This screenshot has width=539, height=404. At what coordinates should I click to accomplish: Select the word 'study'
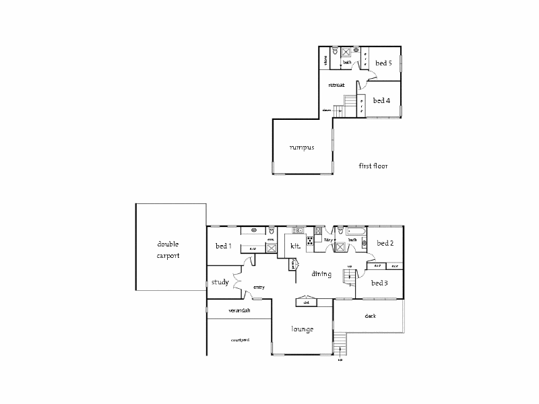pos(220,282)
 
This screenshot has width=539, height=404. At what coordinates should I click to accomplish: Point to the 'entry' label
pos(259,288)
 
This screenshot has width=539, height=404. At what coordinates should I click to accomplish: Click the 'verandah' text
pos(239,310)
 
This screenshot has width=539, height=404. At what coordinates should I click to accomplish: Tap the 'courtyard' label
pos(240,340)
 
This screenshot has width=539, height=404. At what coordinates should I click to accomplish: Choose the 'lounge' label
pos(303,329)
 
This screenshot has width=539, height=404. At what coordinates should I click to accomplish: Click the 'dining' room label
pos(321,274)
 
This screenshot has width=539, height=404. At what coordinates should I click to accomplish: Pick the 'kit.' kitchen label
pos(295,246)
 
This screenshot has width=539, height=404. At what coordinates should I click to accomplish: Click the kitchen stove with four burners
pos(310,240)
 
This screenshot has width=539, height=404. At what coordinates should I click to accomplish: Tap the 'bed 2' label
pos(385,243)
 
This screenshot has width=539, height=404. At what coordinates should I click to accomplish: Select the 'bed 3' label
pos(380,283)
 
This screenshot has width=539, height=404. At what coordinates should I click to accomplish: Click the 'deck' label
pos(370,316)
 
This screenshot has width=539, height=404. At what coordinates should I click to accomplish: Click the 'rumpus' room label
pos(302,147)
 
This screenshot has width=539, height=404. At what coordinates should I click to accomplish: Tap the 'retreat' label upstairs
pos(336,86)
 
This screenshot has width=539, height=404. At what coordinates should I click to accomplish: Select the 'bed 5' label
pos(383,63)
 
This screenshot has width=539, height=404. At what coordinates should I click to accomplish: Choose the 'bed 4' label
pos(381,100)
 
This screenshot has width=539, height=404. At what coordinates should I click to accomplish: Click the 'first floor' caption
pos(373,166)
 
